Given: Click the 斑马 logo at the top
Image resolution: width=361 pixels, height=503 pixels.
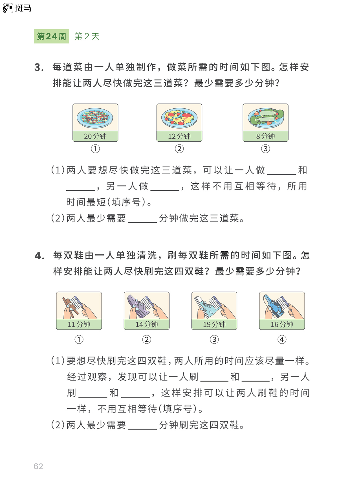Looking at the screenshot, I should coord(17,8).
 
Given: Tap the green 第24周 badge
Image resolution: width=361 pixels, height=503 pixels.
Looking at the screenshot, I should coord(51,36).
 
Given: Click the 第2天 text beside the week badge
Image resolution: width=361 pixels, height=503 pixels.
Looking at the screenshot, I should coord(87,36).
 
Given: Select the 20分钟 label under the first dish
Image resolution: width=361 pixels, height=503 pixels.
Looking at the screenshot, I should coord(95,136).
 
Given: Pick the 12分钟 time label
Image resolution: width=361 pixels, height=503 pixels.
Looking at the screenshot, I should coord(179,136).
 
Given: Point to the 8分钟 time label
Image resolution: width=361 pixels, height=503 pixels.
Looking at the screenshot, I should coord(265,136).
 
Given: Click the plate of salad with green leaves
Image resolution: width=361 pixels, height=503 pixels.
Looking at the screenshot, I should coord(266,118).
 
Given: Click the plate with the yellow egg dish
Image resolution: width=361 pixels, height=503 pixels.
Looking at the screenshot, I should coord(179,118).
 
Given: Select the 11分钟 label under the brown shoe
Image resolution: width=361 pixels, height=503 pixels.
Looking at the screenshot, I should coord(79,324).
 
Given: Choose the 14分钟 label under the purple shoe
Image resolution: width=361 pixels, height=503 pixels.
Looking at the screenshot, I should coord(147,324).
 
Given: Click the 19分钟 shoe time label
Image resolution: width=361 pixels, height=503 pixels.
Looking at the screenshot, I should coord(214,324).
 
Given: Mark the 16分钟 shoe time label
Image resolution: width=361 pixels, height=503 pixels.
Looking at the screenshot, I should coord(282,324).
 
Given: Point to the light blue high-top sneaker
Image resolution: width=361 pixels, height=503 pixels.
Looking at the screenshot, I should coord(207,307).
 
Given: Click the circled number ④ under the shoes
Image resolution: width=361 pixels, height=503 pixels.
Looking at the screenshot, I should coord(282,339).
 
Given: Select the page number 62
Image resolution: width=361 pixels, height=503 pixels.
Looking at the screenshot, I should coord(38,466).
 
